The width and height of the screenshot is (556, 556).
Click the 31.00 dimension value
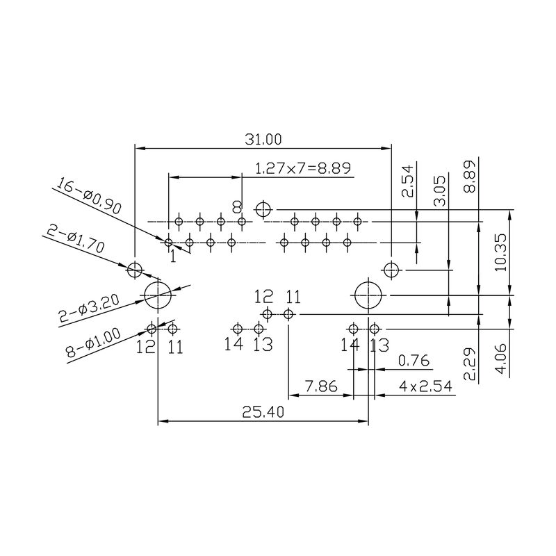click(x=263, y=140)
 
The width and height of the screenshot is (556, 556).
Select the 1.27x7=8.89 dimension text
click(x=302, y=167)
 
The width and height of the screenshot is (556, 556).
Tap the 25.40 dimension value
click(x=263, y=412)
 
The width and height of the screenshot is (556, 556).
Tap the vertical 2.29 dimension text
click(x=471, y=365)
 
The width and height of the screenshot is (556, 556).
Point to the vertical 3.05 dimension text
click(x=439, y=191)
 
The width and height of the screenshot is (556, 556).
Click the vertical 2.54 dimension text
click(x=408, y=180)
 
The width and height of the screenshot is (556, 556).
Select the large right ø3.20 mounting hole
click(x=368, y=295)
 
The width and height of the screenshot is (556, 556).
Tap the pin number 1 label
click(x=173, y=256)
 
